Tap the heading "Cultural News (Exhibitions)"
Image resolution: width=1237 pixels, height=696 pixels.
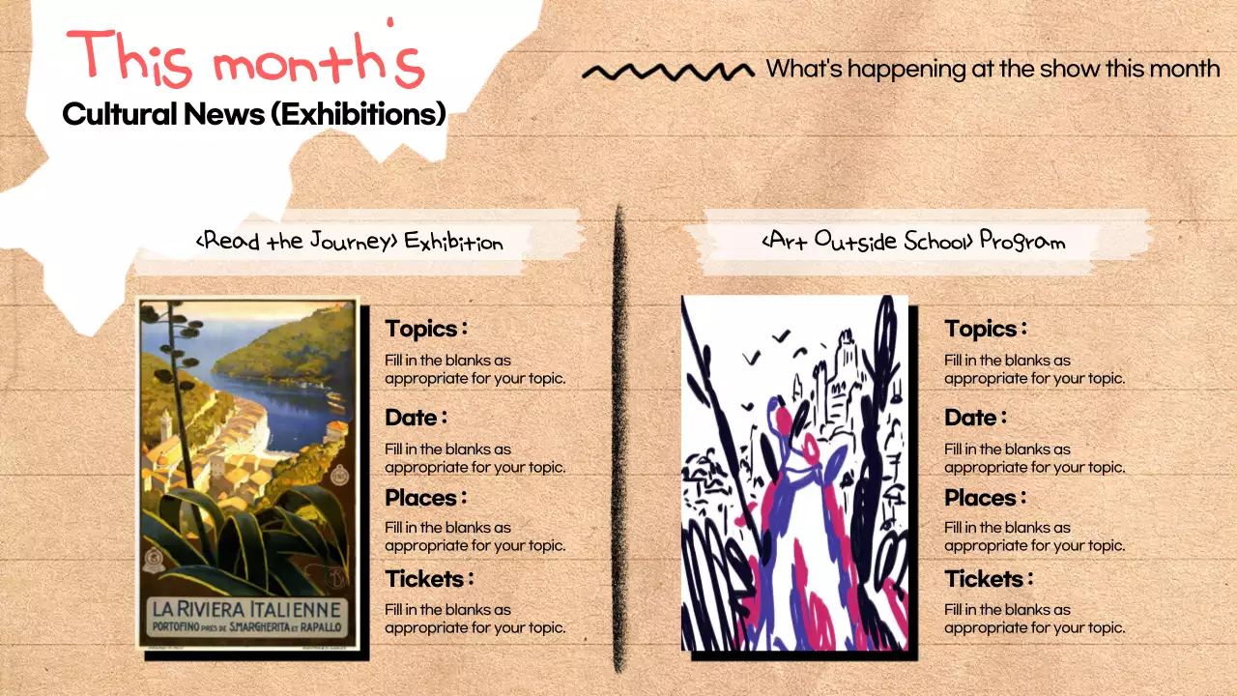coord(254,114)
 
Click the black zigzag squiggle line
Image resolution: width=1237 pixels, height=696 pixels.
coord(668,71)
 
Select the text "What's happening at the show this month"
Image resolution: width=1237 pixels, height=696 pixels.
coord(992,69)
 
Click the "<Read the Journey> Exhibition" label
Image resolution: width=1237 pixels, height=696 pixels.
coord(349,241)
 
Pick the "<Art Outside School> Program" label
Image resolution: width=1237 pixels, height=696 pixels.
coord(913,240)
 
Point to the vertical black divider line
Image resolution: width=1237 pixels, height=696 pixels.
coord(619,435)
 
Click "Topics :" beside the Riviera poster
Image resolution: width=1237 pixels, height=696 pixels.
coord(426,329)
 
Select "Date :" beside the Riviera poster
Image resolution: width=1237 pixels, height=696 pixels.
coord(416,418)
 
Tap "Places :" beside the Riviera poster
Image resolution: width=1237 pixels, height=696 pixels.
coord(425,498)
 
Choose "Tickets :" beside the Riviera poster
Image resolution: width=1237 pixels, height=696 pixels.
coord(429,579)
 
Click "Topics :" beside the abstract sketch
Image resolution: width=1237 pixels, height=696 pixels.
coord(986,329)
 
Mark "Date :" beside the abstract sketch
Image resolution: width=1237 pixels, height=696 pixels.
coord(975,418)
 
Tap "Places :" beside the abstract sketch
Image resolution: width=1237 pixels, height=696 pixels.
coord(985,498)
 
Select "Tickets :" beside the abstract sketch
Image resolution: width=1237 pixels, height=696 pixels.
coord(989,579)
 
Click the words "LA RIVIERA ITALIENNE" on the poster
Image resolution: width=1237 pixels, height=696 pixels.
coord(247,609)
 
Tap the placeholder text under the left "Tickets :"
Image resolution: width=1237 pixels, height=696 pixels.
coord(475,619)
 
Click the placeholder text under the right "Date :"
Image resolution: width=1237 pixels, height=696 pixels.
coord(1034,458)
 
